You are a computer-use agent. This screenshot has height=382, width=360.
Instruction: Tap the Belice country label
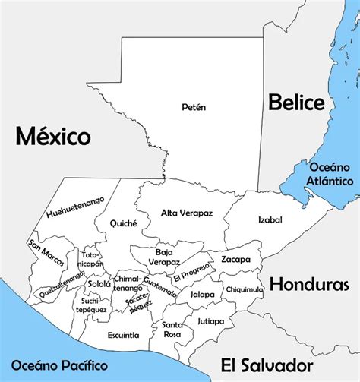pyautogui.click(x=295, y=101)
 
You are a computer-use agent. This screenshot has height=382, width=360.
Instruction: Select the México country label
pyautogui.click(x=53, y=137)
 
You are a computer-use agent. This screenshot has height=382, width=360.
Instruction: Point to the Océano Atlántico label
pyautogui.click(x=330, y=174)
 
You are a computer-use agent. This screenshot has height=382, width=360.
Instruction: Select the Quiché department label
pyautogui.click(x=123, y=223)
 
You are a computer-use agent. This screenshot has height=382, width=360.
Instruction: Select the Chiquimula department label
pyautogui.click(x=245, y=289)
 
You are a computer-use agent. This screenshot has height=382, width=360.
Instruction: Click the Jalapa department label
pyautogui.click(x=202, y=295)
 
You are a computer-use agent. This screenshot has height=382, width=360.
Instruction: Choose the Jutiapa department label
pyautogui.click(x=210, y=321)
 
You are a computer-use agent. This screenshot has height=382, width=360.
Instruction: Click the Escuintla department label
pyautogui.click(x=123, y=335)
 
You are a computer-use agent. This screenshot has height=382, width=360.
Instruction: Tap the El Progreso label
pyautogui.click(x=191, y=273)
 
